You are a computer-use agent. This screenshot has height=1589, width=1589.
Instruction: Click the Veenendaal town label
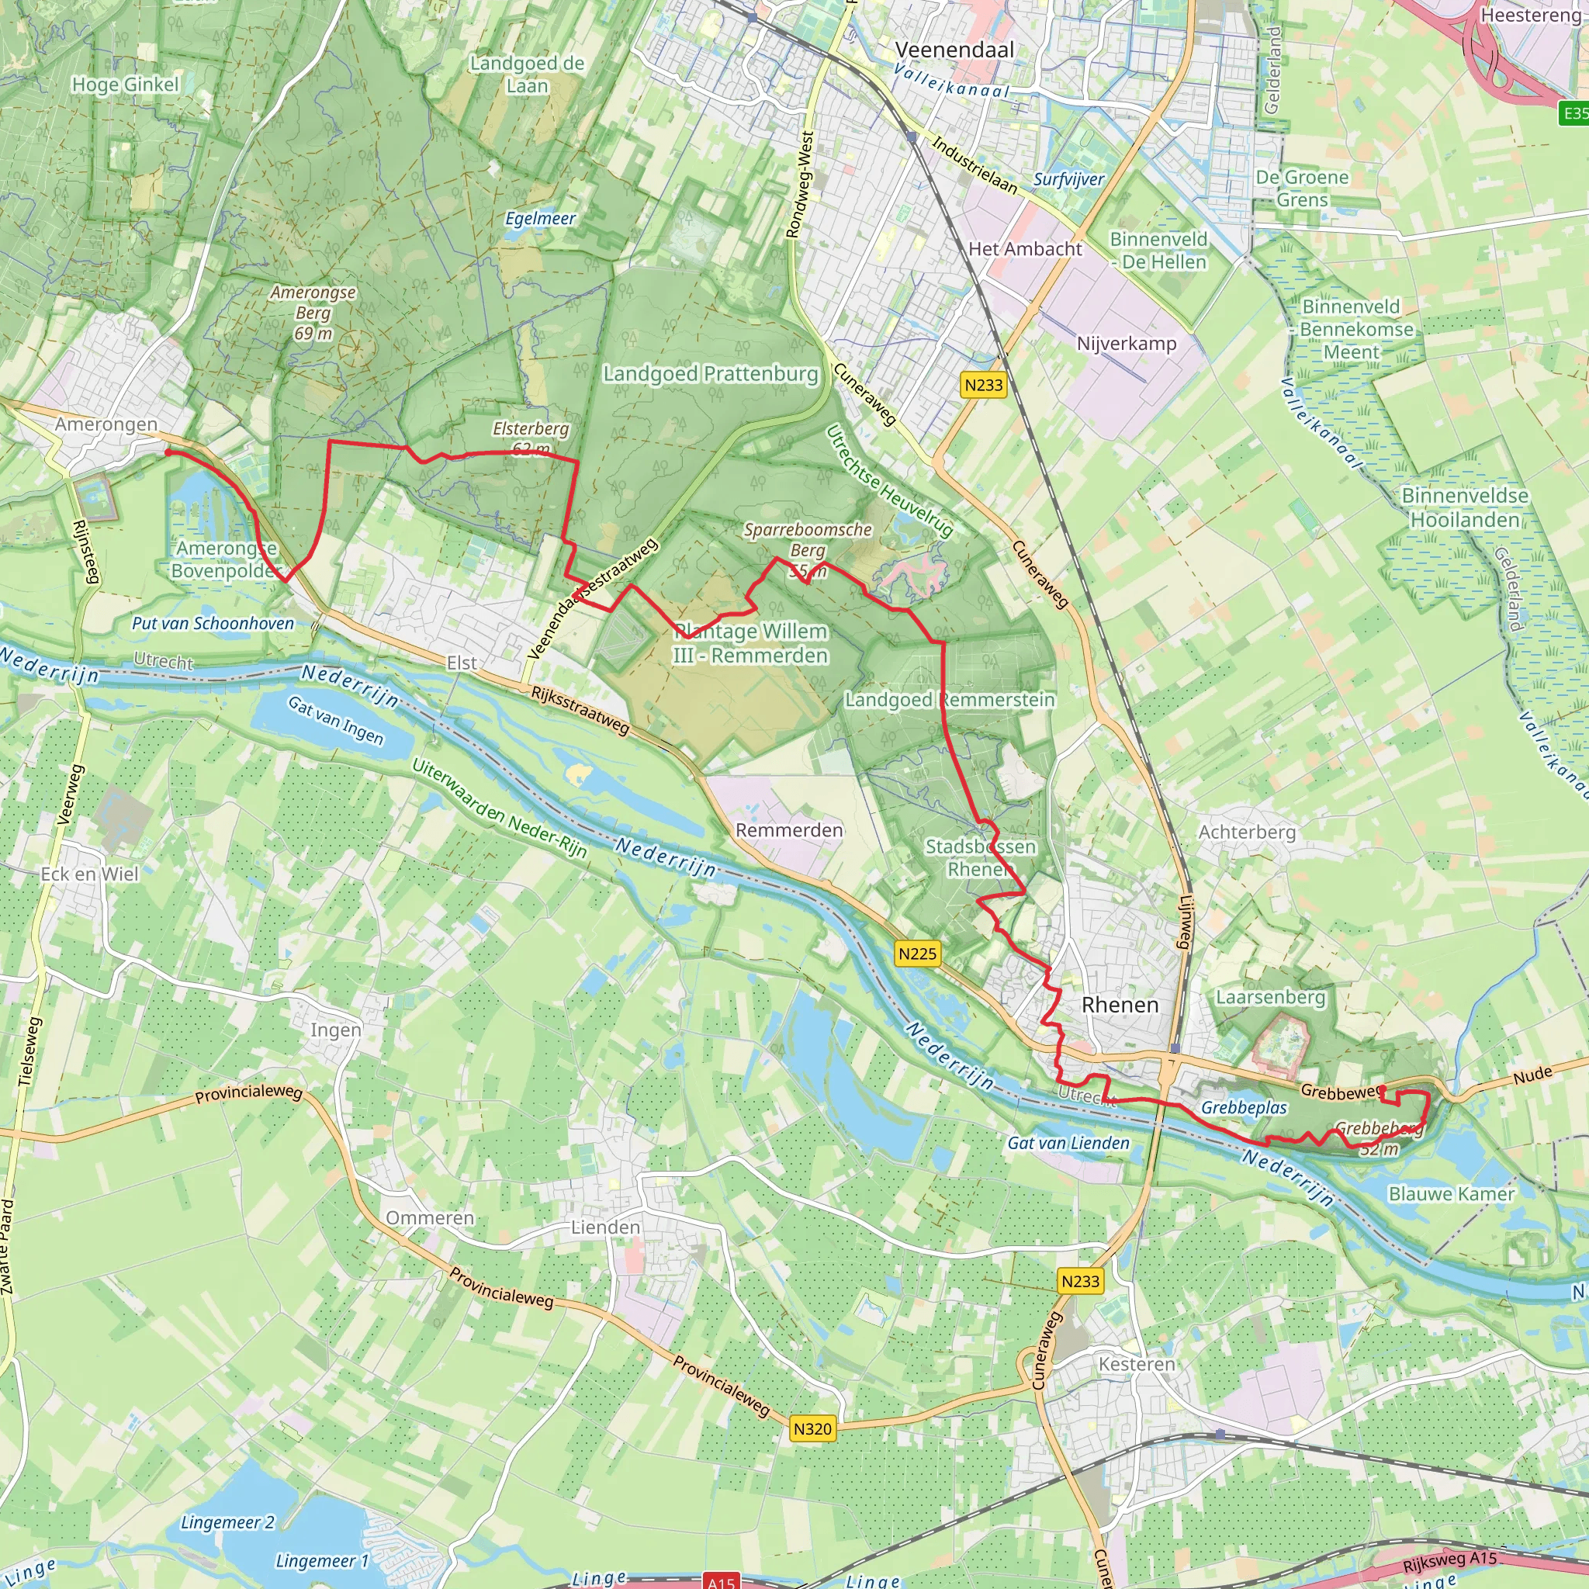(954, 50)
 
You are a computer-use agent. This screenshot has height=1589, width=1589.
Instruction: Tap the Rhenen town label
(1120, 1005)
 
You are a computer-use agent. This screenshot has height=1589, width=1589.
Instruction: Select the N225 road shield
(917, 954)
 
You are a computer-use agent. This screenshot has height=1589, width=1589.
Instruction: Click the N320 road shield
(812, 1428)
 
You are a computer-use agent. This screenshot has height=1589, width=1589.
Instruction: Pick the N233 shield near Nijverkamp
(984, 385)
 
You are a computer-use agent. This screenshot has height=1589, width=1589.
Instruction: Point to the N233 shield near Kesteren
(1080, 1282)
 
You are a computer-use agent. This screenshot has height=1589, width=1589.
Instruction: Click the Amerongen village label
(106, 424)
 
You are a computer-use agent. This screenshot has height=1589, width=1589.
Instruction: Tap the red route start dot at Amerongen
(168, 452)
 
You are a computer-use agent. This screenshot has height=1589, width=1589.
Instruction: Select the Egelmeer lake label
(540, 219)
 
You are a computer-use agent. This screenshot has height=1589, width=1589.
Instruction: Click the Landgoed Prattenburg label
(711, 374)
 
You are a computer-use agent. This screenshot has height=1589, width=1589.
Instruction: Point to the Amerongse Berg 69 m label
(313, 313)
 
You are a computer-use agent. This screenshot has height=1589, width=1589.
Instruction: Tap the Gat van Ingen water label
(335, 720)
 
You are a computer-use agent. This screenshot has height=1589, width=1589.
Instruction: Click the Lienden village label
(605, 1228)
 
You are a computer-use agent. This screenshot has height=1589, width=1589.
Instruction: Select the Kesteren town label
(1137, 1365)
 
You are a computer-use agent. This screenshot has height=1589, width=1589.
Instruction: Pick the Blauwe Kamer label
(1451, 1194)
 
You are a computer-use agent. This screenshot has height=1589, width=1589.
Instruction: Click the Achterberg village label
(1247, 833)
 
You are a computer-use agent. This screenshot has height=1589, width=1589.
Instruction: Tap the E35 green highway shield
(1574, 113)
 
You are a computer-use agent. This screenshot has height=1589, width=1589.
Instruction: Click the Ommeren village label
(429, 1218)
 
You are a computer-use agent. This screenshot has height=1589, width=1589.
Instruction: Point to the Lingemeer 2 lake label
(227, 1522)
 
